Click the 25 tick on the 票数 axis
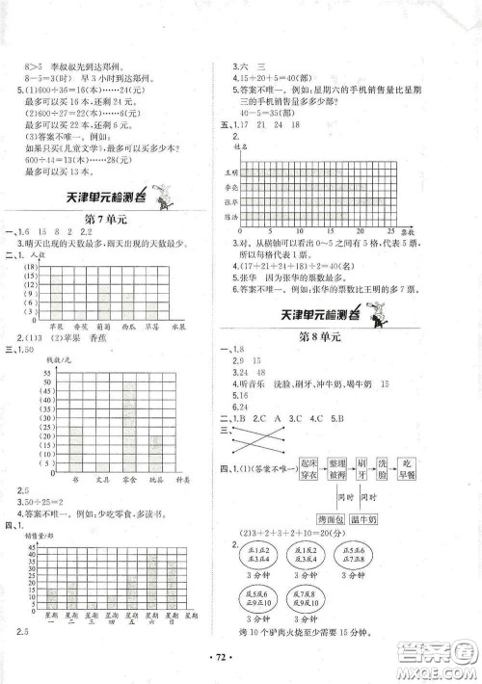(x=418, y=232)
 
